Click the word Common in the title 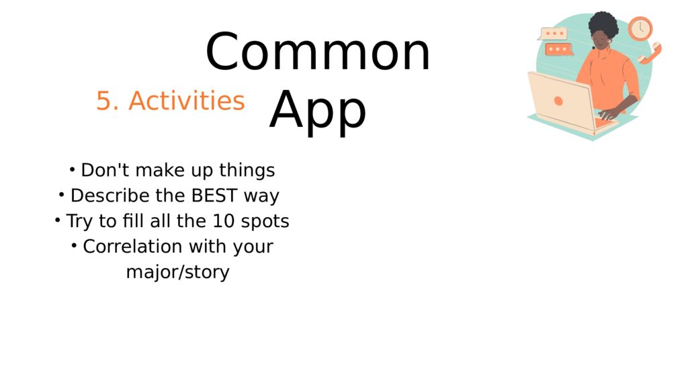click(x=318, y=52)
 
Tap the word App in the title click(x=318, y=110)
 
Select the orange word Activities click(x=187, y=101)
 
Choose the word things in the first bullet click(x=247, y=171)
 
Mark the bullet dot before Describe click(x=61, y=194)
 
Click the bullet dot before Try click(x=57, y=220)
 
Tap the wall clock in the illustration click(x=640, y=28)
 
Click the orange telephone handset click(x=650, y=54)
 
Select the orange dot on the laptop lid click(x=558, y=101)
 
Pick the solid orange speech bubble click(x=558, y=49)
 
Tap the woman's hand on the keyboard click(x=610, y=114)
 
